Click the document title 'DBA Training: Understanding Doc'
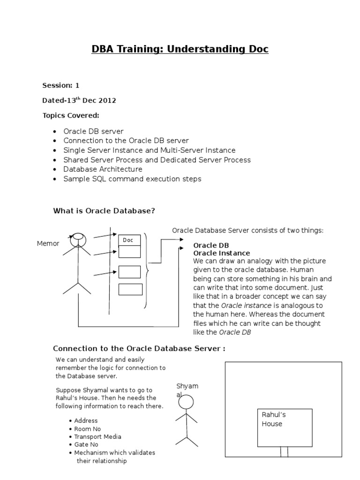180,49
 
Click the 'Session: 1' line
61,85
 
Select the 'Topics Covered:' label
71,115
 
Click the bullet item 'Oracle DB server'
93,131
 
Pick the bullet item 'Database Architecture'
103,169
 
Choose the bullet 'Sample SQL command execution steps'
132,179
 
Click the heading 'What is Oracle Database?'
104,211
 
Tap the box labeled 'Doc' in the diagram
129,240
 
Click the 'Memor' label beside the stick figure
48,244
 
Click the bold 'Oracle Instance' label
222,253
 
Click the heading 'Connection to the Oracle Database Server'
139,348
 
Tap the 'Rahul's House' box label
273,420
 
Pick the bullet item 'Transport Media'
97,436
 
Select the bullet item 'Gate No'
86,444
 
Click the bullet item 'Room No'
87,429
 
